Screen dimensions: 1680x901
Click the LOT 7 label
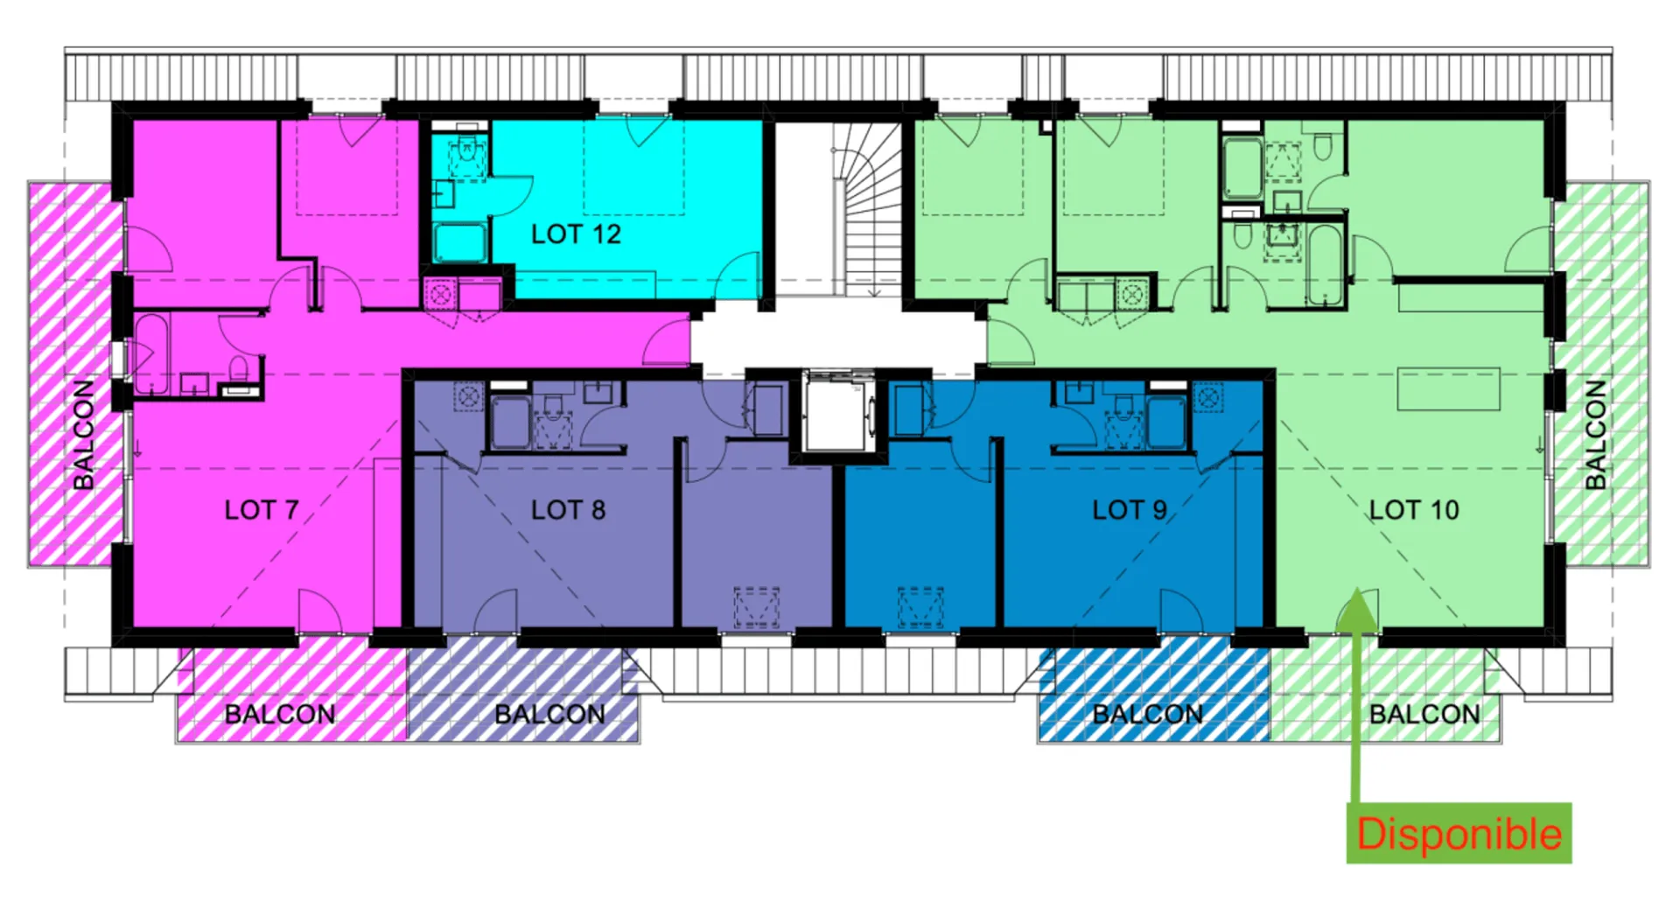[x=262, y=510]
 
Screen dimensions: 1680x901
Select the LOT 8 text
[x=568, y=510]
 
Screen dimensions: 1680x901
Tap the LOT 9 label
[x=1129, y=510]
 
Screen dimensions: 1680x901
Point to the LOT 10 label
[x=1414, y=510]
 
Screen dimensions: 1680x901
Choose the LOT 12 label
[x=576, y=234]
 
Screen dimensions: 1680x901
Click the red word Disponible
[x=1459, y=834]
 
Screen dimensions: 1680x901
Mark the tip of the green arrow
[x=1355, y=588]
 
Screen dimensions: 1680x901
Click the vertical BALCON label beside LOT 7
[x=83, y=435]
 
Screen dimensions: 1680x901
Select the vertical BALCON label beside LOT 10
[x=1596, y=435]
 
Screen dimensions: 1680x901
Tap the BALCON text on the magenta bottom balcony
[x=280, y=715]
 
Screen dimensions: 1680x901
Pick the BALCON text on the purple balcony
[x=549, y=715]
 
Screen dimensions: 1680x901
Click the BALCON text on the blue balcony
[x=1147, y=715]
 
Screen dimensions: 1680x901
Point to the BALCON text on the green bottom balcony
[x=1424, y=715]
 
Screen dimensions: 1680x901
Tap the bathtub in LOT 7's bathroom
[x=151, y=354]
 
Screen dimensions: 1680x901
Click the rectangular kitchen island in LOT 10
[x=1448, y=389]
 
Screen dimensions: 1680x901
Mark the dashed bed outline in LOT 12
[x=634, y=168]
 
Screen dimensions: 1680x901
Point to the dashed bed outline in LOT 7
[x=347, y=168]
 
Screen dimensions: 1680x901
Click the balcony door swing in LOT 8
[x=495, y=610]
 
